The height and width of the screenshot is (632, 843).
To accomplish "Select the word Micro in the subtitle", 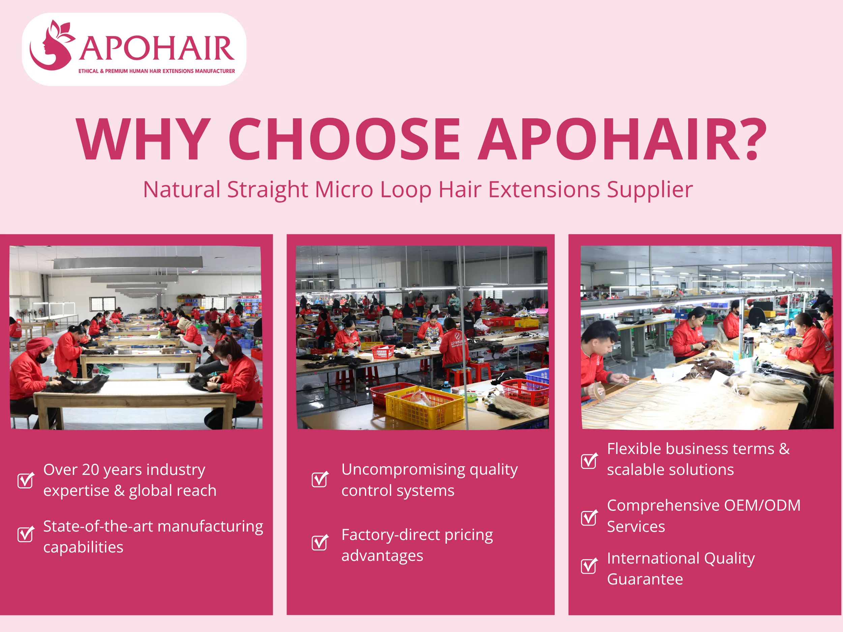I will click(x=344, y=189).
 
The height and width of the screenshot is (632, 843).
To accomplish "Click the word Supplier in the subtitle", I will click(x=649, y=190).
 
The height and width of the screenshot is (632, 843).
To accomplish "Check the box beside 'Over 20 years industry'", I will click(x=26, y=480).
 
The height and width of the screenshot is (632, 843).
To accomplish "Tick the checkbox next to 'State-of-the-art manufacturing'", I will click(x=26, y=534).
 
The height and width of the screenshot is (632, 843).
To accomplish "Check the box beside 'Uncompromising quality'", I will click(x=319, y=479).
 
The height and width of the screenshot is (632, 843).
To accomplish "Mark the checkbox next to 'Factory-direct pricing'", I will click(x=319, y=542).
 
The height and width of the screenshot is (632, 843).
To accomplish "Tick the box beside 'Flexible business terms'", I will click(x=589, y=461).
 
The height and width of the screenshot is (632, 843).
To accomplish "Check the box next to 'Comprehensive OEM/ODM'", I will click(x=589, y=517).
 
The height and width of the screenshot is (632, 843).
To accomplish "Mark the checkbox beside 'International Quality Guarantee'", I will click(x=589, y=566).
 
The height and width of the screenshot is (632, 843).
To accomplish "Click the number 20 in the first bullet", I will click(x=90, y=470).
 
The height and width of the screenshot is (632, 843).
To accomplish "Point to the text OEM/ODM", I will click(x=762, y=506).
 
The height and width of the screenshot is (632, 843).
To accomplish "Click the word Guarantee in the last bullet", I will click(x=645, y=579).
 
